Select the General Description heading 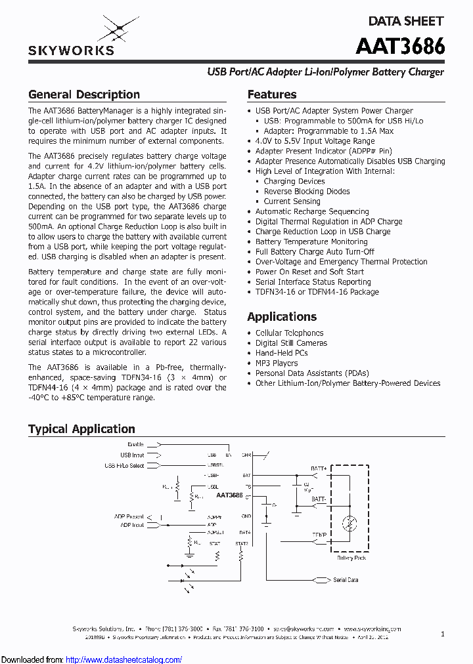(x=84, y=94)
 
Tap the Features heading (x=272, y=94)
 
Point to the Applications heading (x=282, y=317)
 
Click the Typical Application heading (x=81, y=429)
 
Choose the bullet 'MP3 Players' (x=277, y=363)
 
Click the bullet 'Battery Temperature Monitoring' (x=311, y=241)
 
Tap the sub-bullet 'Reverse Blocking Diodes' (x=307, y=192)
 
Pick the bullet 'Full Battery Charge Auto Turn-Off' (x=315, y=252)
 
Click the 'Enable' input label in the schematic (x=136, y=445)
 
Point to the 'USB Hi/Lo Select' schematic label (x=124, y=466)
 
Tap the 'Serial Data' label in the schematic (x=346, y=580)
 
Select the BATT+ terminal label (x=319, y=468)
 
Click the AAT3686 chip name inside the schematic (x=229, y=495)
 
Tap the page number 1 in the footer (x=443, y=634)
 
